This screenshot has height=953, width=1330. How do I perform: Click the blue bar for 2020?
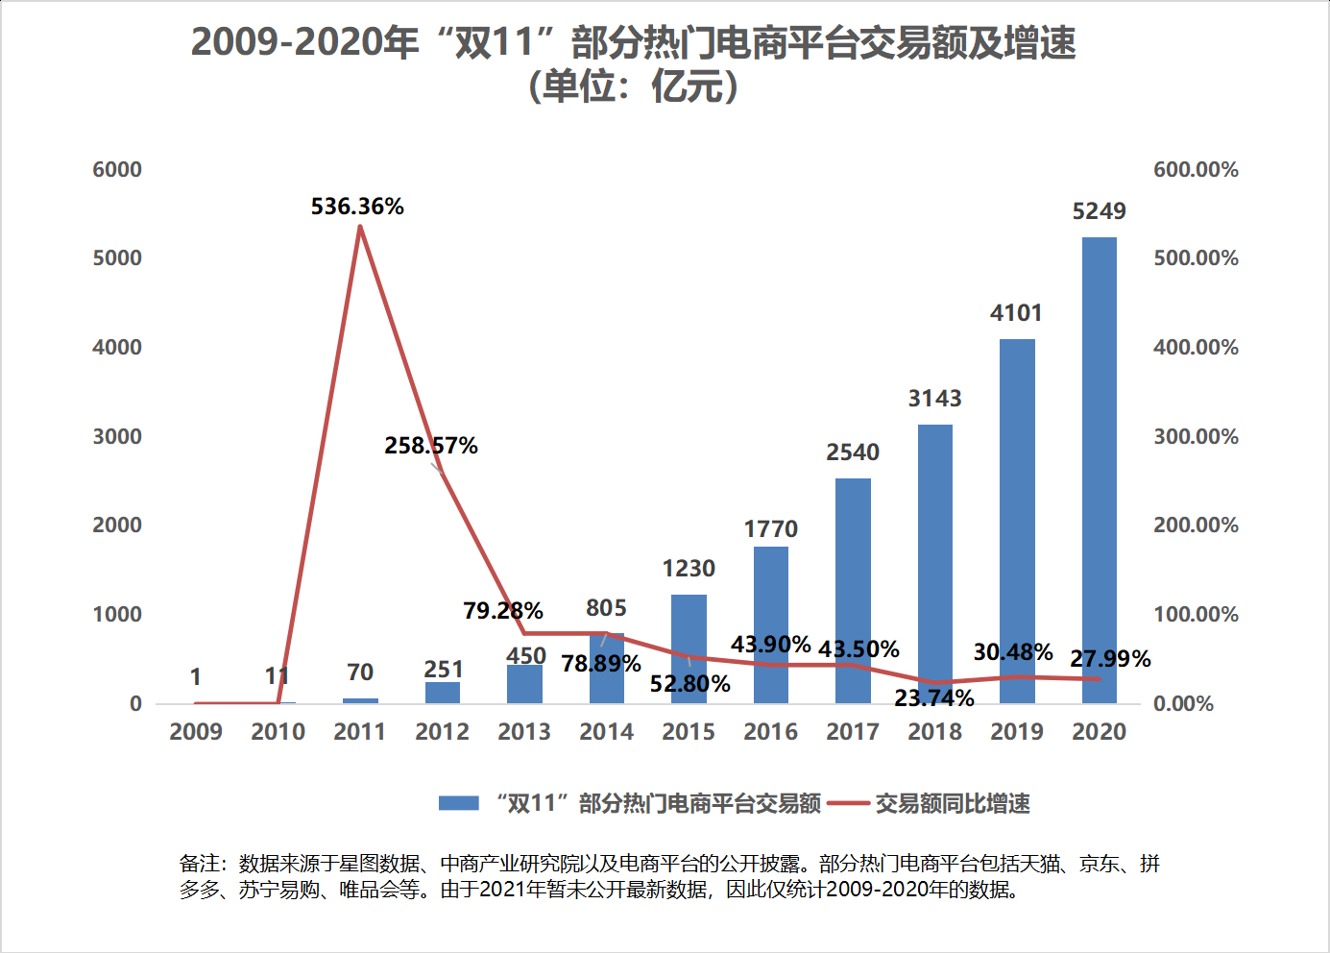[x=1099, y=470]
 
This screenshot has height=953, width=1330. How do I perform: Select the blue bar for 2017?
[x=853, y=590]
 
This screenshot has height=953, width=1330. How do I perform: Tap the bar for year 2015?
[x=689, y=648]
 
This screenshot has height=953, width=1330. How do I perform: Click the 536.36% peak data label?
[x=357, y=207]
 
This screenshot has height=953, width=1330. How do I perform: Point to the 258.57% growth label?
[x=431, y=446]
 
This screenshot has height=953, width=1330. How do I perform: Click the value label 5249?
[x=1099, y=211]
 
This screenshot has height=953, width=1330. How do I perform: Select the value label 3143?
[x=934, y=399]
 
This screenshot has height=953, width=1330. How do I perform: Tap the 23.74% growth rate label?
[x=933, y=698]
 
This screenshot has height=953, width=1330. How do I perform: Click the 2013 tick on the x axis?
[x=524, y=732]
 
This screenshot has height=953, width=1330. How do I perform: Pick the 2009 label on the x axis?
[x=196, y=732]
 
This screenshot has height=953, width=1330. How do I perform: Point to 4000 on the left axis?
[x=117, y=348]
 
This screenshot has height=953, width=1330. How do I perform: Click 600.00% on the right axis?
[x=1196, y=170]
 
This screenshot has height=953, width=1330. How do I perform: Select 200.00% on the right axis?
[x=1196, y=525]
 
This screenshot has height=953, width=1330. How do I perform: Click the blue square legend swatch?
[x=458, y=803]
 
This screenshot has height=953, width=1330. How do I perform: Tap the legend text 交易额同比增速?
[x=952, y=803]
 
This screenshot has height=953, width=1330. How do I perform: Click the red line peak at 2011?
[x=360, y=227]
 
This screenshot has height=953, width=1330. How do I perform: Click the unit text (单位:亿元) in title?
[x=633, y=86]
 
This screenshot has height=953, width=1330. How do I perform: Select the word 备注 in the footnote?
[x=200, y=864]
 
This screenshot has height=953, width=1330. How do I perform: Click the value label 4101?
[x=1016, y=313]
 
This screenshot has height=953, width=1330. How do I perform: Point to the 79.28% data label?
[x=502, y=611]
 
